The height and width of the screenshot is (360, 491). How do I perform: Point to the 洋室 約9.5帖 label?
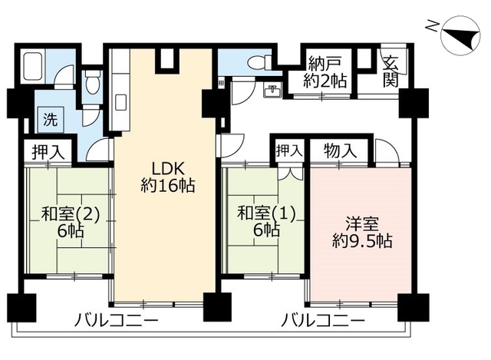click(x=361, y=232)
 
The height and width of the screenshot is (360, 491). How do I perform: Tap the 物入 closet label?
click(x=341, y=150)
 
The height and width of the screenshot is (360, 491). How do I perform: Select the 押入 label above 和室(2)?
click(x=48, y=151)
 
